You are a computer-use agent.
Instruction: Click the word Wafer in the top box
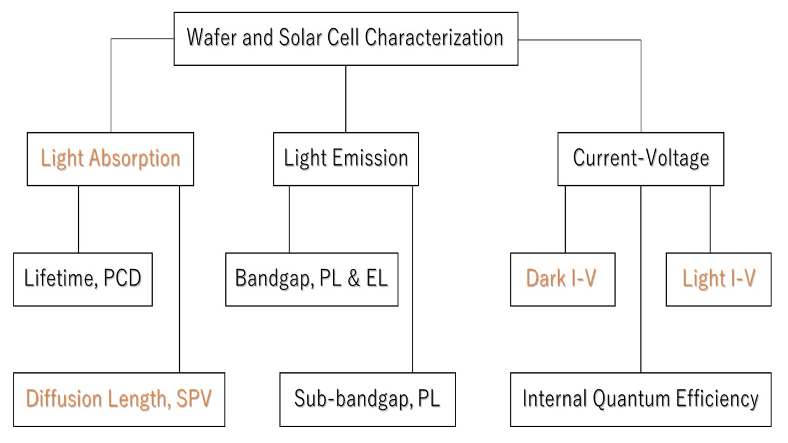click(x=211, y=38)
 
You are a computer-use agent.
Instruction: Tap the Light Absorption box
click(x=110, y=159)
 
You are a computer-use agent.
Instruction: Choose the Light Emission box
click(x=346, y=159)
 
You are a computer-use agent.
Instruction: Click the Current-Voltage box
click(x=641, y=159)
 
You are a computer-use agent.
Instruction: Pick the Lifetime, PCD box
click(x=83, y=279)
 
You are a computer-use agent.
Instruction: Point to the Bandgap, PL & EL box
click(x=312, y=279)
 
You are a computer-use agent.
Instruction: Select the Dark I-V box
click(x=563, y=279)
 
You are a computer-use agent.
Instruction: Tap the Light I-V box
click(x=718, y=279)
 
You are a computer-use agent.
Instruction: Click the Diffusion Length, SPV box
click(x=119, y=399)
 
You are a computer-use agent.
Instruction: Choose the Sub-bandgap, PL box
click(x=368, y=399)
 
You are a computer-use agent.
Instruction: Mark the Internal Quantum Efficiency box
click(x=641, y=399)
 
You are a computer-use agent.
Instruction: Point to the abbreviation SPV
click(x=194, y=398)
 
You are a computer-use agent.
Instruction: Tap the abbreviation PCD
click(x=123, y=278)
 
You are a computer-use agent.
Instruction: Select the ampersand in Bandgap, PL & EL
click(x=353, y=278)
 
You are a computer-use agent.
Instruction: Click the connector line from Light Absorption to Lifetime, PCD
click(x=78, y=219)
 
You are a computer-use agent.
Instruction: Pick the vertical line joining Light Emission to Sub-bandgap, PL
click(x=412, y=279)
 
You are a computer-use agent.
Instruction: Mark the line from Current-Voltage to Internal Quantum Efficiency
click(x=641, y=279)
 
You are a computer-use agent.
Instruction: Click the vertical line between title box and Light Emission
click(x=346, y=99)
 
